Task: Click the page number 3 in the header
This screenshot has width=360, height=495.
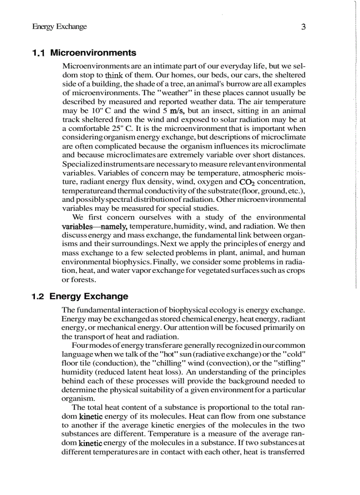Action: click(304, 26)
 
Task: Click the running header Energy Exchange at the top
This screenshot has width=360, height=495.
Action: click(60, 26)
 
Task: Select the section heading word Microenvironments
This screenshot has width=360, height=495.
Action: click(93, 53)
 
